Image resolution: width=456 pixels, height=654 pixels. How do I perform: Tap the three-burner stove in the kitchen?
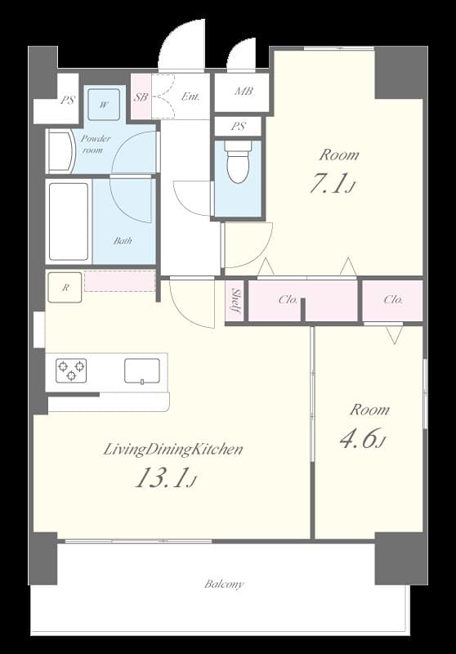tap(71, 370)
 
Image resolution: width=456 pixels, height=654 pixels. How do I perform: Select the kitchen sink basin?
tap(142, 370)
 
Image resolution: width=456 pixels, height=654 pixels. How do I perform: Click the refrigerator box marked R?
tap(64, 287)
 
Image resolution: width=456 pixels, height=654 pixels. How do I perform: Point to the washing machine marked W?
tap(105, 104)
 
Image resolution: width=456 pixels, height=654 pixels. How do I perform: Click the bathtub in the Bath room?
tap(69, 222)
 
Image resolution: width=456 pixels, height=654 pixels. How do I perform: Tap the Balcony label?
tap(224, 584)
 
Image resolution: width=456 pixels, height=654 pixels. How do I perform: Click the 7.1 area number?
tap(330, 185)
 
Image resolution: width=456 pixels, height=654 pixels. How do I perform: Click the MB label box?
tap(243, 92)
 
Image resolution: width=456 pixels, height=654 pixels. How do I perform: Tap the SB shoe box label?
tap(141, 96)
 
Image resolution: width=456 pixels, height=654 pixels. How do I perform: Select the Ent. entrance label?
tap(190, 96)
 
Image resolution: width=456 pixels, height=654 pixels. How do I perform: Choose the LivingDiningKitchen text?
tap(172, 449)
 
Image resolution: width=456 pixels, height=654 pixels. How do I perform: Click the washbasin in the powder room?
tap(60, 151)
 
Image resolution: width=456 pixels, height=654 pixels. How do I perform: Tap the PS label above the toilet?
tap(238, 127)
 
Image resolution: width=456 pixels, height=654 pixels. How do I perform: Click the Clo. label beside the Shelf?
tap(288, 300)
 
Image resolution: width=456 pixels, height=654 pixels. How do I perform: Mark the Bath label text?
tap(123, 240)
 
